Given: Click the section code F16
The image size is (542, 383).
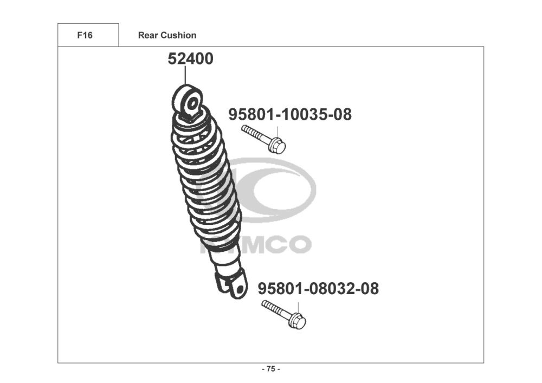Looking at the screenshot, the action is click(x=85, y=35).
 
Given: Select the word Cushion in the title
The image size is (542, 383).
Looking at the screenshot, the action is click(x=179, y=35).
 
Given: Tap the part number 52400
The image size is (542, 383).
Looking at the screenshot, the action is click(x=190, y=59).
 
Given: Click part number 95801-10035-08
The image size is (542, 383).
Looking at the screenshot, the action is click(x=290, y=114).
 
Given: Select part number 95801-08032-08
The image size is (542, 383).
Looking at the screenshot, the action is click(x=318, y=288).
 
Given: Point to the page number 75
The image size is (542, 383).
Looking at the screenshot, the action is click(x=271, y=369).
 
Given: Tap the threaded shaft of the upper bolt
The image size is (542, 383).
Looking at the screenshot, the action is click(x=255, y=134).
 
